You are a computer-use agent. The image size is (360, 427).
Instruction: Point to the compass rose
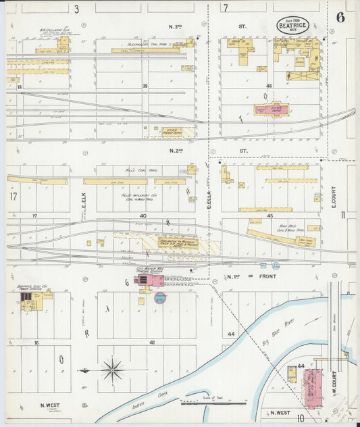[x=111, y=370]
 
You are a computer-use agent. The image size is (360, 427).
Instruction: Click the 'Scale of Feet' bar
[x=213, y=403]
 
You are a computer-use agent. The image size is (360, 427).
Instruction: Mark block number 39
[x=145, y=86]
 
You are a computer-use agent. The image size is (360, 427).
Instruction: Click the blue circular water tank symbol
[x=160, y=298]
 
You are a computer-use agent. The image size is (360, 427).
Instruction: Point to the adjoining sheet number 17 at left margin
[x=13, y=197]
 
